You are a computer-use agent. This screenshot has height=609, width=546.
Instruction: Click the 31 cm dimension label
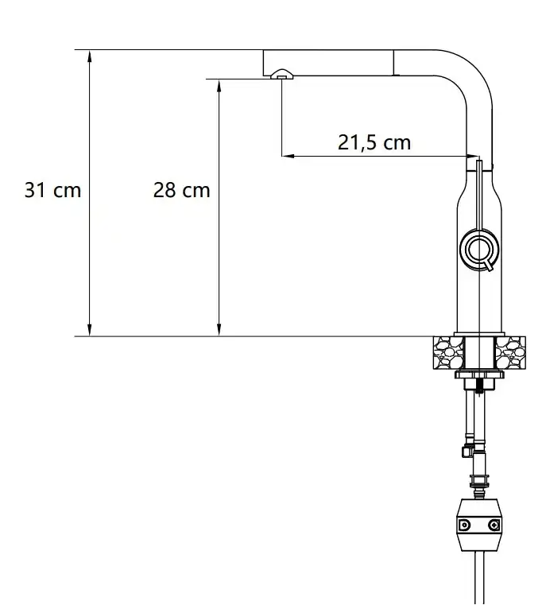point(52,191)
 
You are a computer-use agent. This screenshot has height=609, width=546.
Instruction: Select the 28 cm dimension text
point(181,191)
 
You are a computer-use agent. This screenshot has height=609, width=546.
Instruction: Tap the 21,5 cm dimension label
point(374,143)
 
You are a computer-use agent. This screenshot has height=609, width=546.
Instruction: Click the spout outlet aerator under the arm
point(281,75)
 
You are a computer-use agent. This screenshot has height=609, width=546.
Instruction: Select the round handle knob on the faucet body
point(479,250)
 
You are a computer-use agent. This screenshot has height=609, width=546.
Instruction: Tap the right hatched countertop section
point(511,351)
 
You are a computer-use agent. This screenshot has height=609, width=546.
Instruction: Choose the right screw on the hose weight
point(494,526)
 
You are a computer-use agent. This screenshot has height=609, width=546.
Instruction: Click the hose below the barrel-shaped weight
point(479,580)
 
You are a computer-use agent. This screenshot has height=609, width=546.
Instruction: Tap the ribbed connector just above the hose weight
point(479,480)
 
